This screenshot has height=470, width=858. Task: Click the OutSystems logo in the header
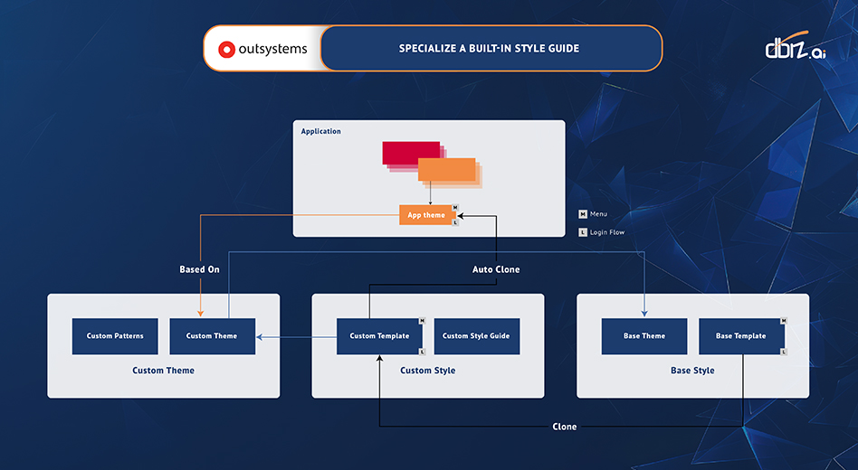[262, 49]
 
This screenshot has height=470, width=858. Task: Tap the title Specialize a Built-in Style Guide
[489, 49]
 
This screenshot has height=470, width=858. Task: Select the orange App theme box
[425, 215]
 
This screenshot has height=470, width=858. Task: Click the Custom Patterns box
[115, 336]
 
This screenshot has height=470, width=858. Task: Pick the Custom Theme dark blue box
[212, 336]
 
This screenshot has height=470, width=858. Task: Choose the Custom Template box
[379, 336]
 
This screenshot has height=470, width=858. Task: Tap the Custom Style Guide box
[476, 336]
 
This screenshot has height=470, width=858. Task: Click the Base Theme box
[644, 336]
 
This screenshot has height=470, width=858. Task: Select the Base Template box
[740, 336]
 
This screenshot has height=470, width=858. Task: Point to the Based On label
[199, 269]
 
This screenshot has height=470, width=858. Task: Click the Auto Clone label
[496, 269]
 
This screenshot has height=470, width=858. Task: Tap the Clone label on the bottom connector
[565, 427]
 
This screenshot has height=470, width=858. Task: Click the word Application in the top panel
[321, 132]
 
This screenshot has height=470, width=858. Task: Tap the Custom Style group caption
[428, 371]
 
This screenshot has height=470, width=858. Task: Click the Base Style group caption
[692, 371]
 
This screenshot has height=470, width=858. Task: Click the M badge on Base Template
[784, 321]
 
